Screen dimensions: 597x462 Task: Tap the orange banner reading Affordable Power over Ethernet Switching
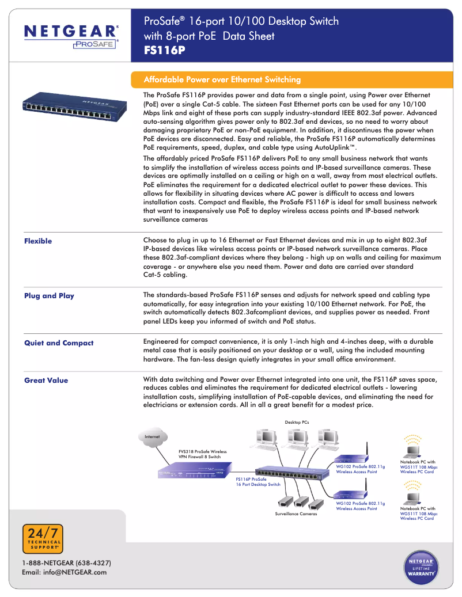click(222, 79)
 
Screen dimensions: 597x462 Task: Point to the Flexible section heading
click(38, 241)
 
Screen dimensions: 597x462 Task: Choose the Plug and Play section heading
click(49, 296)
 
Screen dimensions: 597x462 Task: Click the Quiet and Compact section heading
click(59, 343)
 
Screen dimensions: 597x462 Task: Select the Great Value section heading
click(46, 381)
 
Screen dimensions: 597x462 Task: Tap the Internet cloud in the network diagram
click(152, 437)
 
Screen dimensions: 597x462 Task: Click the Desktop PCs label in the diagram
click(297, 423)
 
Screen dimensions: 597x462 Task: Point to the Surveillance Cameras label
click(296, 514)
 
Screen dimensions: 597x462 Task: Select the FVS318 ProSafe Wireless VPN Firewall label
click(202, 454)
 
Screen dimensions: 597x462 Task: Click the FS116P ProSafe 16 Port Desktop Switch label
click(258, 481)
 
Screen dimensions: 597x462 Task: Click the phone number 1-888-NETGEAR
click(66, 562)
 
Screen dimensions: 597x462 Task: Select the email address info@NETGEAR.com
click(64, 572)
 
